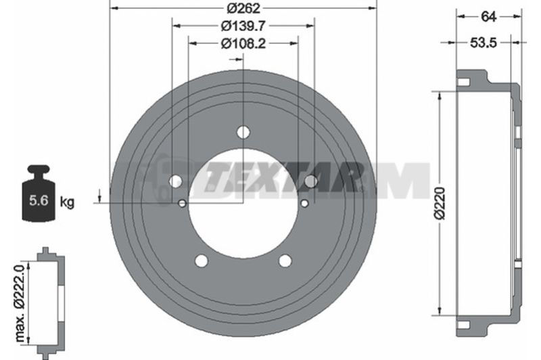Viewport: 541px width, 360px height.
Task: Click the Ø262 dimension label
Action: (243, 8)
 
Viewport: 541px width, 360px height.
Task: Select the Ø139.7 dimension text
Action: (243, 26)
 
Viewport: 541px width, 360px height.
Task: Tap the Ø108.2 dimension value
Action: (243, 43)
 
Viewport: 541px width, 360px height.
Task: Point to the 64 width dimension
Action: (488, 16)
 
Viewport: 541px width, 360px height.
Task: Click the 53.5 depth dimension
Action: (483, 43)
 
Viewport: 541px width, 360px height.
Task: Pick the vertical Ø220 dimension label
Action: (440, 204)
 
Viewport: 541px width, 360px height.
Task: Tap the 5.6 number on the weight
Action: (39, 200)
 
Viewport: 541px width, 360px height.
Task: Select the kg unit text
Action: (67, 202)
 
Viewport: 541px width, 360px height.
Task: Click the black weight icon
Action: (39, 194)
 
